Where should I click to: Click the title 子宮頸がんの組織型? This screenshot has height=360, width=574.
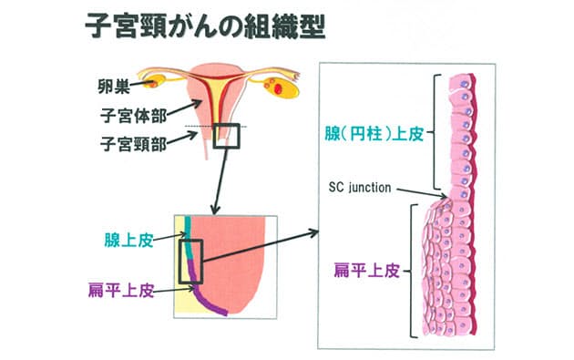coord(206,26)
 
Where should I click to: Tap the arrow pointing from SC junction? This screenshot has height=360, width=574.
coord(421,192)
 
